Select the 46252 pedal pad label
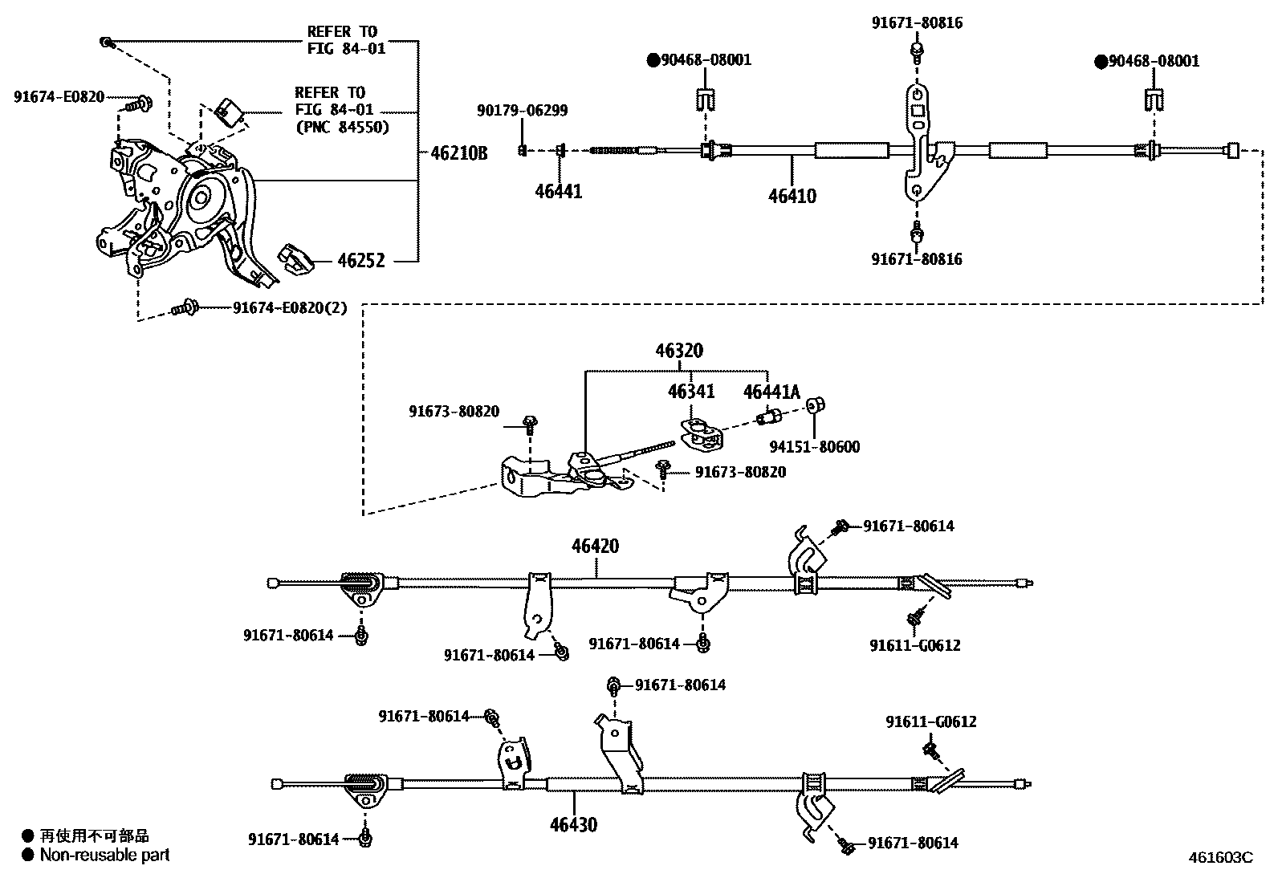(360, 261)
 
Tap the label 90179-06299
(522, 111)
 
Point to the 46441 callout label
(559, 191)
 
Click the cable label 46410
(792, 196)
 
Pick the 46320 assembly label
(678, 351)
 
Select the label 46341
(691, 392)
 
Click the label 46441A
(771, 392)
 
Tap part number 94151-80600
(814, 447)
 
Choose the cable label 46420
(595, 547)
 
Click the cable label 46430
(573, 824)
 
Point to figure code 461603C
(1220, 857)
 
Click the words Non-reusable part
(105, 856)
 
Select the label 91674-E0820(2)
(290, 308)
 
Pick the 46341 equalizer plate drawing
(702, 433)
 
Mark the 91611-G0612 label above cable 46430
(931, 722)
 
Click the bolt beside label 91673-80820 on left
(530, 422)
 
